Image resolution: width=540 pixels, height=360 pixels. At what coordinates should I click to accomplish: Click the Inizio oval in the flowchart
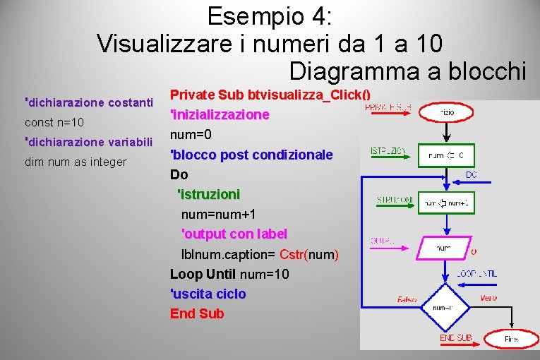pos(445,113)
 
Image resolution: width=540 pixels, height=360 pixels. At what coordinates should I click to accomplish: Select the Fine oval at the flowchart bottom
pos(510,340)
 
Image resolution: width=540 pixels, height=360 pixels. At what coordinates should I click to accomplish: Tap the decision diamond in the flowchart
pos(443,308)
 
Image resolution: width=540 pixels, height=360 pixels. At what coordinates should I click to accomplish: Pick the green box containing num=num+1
pos(446,203)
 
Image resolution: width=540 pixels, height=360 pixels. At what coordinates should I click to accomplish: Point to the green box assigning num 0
pos(446,155)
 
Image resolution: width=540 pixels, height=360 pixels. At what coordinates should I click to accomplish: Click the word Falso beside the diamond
pos(407,299)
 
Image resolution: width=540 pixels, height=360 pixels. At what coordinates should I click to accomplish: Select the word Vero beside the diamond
pos(488,298)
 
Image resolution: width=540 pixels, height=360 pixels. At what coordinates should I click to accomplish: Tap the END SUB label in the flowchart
pos(456,338)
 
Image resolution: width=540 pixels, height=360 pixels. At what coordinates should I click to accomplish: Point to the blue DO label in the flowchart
pos(472,174)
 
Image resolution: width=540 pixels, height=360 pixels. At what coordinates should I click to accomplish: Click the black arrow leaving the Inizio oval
pos(445,132)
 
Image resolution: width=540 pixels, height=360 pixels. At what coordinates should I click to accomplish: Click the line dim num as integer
pos(76,162)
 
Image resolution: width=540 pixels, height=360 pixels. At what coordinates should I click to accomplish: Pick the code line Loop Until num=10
pos(229,274)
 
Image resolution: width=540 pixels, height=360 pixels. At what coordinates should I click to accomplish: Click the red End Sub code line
pos(197,313)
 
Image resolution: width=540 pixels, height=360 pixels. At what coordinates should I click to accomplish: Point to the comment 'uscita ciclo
pos(208,294)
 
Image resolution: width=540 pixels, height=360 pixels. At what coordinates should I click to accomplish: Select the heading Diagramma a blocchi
pos(407,71)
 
